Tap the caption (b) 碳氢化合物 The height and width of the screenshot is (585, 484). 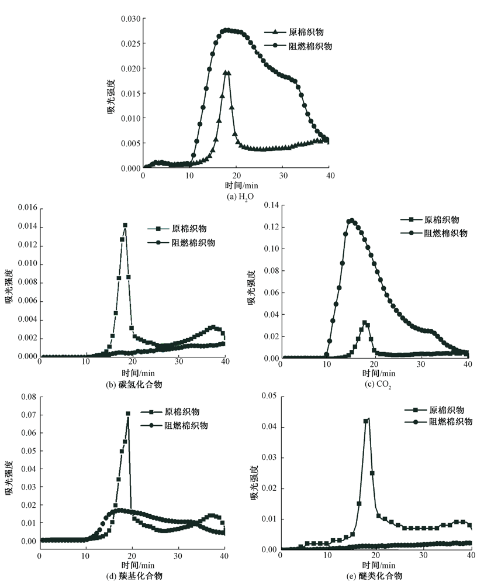click(x=132, y=384)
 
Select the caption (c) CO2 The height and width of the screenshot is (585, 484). click(x=374, y=384)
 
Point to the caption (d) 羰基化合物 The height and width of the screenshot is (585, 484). click(x=132, y=576)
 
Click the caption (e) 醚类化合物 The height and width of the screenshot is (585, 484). click(x=374, y=576)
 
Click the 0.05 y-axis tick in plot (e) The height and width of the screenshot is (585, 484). click(x=269, y=397)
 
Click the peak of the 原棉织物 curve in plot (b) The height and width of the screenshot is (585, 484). click(x=125, y=225)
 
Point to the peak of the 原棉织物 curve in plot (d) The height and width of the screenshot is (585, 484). click(x=128, y=414)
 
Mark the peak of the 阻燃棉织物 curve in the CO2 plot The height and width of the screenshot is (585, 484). click(x=351, y=221)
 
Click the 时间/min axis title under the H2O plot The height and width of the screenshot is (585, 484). click(x=237, y=186)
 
